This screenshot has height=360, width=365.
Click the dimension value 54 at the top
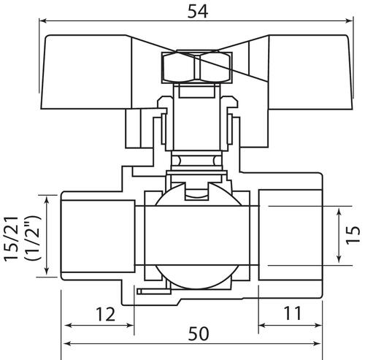pyautogui.click(x=198, y=12)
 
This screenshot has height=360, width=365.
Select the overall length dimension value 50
pyautogui.click(x=199, y=334)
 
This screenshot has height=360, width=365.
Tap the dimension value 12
pyautogui.click(x=105, y=314)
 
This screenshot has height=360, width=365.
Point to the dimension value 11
pyautogui.click(x=292, y=313)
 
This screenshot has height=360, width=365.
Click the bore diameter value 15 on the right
pyautogui.click(x=353, y=234)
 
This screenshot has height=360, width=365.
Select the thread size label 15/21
pyautogui.click(x=12, y=239)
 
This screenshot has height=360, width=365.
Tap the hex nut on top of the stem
pyautogui.click(x=196, y=67)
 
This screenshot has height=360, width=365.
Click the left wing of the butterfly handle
pyautogui.click(x=85, y=72)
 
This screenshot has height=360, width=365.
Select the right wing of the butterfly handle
pyautogui.click(x=311, y=72)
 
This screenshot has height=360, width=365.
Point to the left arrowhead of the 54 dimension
pyautogui.click(x=43, y=21)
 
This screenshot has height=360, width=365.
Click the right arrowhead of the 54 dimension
pyautogui.click(x=348, y=21)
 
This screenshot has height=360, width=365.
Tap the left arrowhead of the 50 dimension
pyautogui.click(x=66, y=344)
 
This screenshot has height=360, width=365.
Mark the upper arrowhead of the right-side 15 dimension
pyautogui.click(x=339, y=212)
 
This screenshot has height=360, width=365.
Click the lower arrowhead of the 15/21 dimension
pyautogui.click(x=47, y=271)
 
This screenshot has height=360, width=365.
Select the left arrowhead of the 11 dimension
pyautogui.click(x=262, y=325)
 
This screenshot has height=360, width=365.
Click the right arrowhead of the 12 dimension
pyautogui.click(x=130, y=325)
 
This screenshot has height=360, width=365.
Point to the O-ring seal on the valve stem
pyautogui.click(x=196, y=161)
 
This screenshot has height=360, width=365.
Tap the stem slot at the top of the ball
pyautogui.click(x=196, y=191)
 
